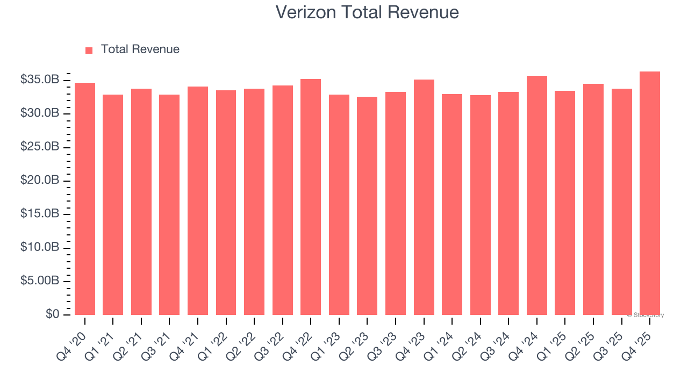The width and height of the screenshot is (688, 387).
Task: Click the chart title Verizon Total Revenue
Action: [367, 12]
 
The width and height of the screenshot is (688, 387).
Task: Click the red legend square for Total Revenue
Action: [89, 50]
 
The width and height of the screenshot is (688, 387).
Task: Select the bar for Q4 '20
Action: [85, 199]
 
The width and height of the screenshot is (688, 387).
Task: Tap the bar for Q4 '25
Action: [650, 193]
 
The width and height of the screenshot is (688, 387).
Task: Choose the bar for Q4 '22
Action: [311, 197]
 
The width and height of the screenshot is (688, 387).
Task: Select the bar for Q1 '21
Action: [113, 205]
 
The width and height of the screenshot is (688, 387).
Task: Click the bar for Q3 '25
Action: [621, 202]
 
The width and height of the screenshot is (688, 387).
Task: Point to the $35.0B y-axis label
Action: [40, 80]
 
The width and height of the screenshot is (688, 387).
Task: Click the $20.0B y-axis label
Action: [40, 181]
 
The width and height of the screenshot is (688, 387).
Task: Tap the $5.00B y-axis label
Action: [40, 281]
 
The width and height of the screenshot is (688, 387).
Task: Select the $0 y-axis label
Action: [52, 314]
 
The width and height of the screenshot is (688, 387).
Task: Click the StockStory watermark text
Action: [646, 315]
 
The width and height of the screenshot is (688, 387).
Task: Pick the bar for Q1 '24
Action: [452, 204]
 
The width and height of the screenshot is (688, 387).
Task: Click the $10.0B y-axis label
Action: [40, 248]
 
